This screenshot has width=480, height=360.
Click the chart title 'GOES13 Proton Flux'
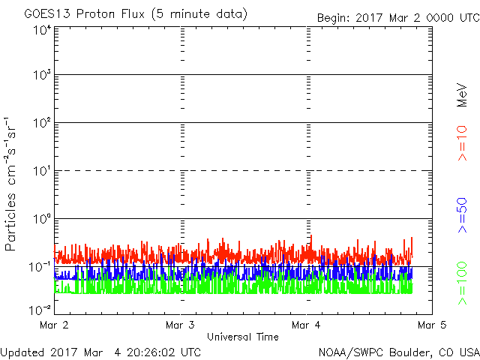[85, 14]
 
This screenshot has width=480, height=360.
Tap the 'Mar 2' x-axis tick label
[54, 325]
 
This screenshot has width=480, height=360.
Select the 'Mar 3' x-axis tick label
[180, 325]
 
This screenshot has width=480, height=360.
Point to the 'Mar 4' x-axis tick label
[306, 325]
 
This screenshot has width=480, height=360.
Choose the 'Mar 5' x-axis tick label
[432, 325]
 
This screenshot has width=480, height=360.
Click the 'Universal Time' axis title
[243, 337]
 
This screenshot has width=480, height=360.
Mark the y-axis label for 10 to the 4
[43, 30]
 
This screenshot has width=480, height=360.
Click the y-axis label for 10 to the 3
[43, 74]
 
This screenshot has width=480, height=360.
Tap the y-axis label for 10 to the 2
[43, 122]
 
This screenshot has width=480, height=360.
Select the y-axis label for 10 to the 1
[43, 170]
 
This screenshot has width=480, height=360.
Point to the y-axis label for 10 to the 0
[43, 218]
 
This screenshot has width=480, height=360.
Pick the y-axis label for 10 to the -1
[40, 267]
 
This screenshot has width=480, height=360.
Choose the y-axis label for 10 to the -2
[40, 310]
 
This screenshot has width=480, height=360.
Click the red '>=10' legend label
[462, 143]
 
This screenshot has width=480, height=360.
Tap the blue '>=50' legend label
[462, 215]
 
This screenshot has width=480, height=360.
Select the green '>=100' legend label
[462, 283]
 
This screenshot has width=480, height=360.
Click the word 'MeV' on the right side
[462, 95]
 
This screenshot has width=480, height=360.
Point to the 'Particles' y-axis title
[10, 222]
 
